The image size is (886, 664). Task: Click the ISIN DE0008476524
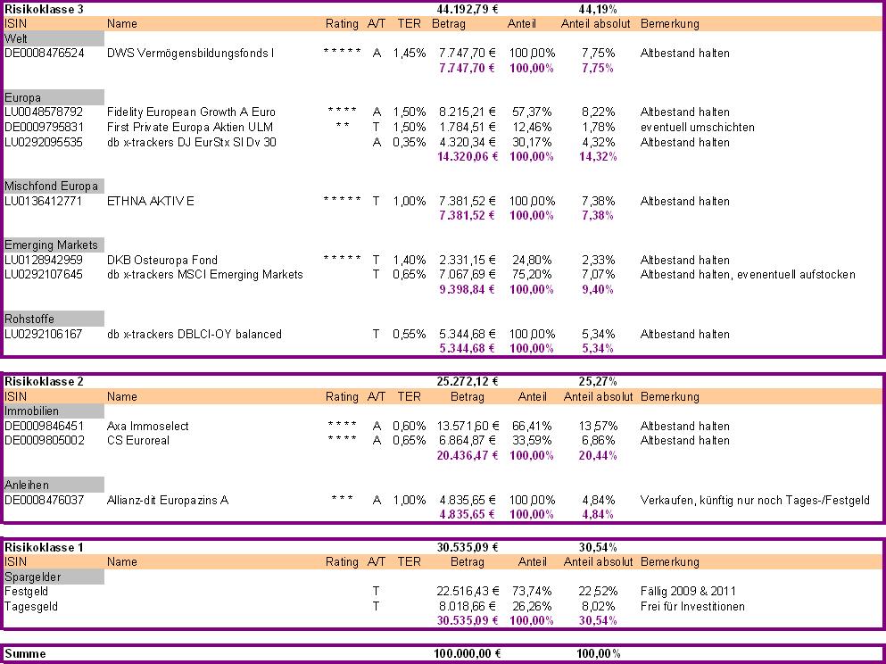[x=45, y=54]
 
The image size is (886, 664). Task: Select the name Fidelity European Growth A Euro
[x=191, y=112]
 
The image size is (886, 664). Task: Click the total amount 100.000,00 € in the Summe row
[x=468, y=654]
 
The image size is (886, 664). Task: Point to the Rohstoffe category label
[x=29, y=319]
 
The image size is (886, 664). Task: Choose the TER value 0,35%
[x=409, y=142]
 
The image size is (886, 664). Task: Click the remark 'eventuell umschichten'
[x=697, y=128]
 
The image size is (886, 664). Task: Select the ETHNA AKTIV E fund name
[x=150, y=202]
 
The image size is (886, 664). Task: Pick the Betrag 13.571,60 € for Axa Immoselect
[x=468, y=427]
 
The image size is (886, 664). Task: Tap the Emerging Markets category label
[x=51, y=245]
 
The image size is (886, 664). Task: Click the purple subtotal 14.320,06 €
[x=466, y=157]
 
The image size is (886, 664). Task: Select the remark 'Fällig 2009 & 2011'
[x=689, y=592]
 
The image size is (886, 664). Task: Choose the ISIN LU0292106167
[x=44, y=335]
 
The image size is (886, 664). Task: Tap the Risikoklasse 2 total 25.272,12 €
[x=468, y=382]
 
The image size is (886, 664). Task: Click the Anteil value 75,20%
[x=533, y=275]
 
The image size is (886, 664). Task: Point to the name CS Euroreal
[x=138, y=441]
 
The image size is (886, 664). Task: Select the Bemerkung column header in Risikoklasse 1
[x=670, y=562]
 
